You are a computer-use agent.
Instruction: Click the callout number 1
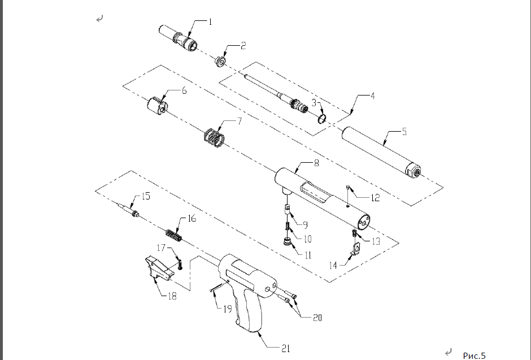210,22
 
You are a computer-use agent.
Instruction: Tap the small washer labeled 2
220,62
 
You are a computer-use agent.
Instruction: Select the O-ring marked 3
322,119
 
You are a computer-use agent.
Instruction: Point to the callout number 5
404,132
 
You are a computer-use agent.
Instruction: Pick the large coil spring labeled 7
214,138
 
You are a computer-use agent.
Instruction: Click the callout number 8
316,163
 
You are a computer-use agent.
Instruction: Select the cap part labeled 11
288,242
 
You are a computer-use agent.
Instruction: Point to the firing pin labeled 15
128,209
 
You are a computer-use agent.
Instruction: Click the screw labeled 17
180,264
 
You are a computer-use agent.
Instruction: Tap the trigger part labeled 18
159,268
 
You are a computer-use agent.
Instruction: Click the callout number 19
228,309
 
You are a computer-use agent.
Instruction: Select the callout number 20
317,318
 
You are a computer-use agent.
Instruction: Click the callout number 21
285,348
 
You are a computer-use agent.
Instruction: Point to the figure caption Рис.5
474,355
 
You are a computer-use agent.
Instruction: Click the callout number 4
372,96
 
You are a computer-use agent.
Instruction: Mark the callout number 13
376,241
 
